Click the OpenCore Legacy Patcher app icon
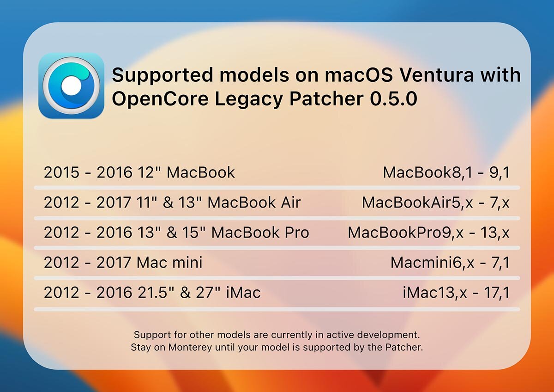pyautogui.click(x=71, y=86)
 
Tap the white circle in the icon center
pyautogui.click(x=71, y=86)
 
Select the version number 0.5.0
pyautogui.click(x=393, y=98)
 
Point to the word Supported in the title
pyautogui.click(x=163, y=75)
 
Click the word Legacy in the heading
pyautogui.click(x=248, y=99)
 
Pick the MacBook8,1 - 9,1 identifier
pyautogui.click(x=446, y=172)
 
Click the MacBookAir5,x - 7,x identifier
pyautogui.click(x=436, y=202)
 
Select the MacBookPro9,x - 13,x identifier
pyautogui.click(x=428, y=233)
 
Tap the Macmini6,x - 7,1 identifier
pyautogui.click(x=450, y=263)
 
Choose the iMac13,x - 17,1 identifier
pyautogui.click(x=456, y=293)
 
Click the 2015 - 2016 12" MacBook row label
pyautogui.click(x=139, y=172)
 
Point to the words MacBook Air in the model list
pyautogui.click(x=254, y=202)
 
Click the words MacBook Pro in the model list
pyautogui.click(x=260, y=233)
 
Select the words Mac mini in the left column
pyautogui.click(x=169, y=263)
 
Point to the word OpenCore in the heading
pyautogui.click(x=160, y=99)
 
